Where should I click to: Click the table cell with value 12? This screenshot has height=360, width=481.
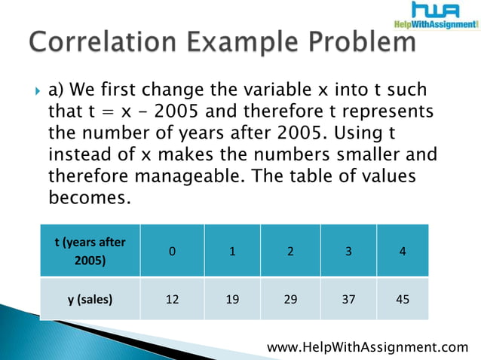[173, 299]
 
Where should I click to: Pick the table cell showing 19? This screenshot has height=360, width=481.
[231, 299]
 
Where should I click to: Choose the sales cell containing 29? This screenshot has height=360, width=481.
[290, 299]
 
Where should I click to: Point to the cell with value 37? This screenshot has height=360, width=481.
[348, 299]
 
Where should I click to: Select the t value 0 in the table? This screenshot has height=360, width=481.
[173, 252]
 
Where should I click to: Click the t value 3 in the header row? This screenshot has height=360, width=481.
[348, 252]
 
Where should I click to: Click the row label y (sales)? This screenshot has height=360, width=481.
[90, 299]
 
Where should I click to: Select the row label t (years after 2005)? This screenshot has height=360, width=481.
[90, 252]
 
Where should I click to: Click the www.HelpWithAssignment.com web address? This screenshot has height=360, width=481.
[368, 346]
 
